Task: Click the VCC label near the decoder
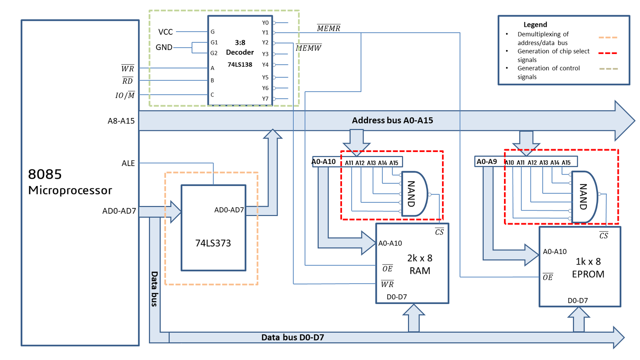point(165,32)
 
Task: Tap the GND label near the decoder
point(164,47)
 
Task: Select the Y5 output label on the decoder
point(265,77)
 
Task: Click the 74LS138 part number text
point(240,64)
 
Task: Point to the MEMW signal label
point(308,48)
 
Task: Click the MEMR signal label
point(328,28)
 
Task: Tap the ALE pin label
point(128,163)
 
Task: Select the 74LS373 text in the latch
point(213,243)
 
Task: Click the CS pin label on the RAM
point(439,232)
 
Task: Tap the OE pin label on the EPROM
point(548,277)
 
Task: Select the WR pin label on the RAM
point(387,284)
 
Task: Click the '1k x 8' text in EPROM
point(588,262)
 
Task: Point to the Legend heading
point(535,24)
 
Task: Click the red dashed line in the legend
point(608,53)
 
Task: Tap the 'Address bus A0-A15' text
point(392,120)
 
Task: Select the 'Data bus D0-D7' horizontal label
point(292,338)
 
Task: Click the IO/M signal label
point(125,95)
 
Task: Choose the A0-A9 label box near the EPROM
point(486,162)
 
